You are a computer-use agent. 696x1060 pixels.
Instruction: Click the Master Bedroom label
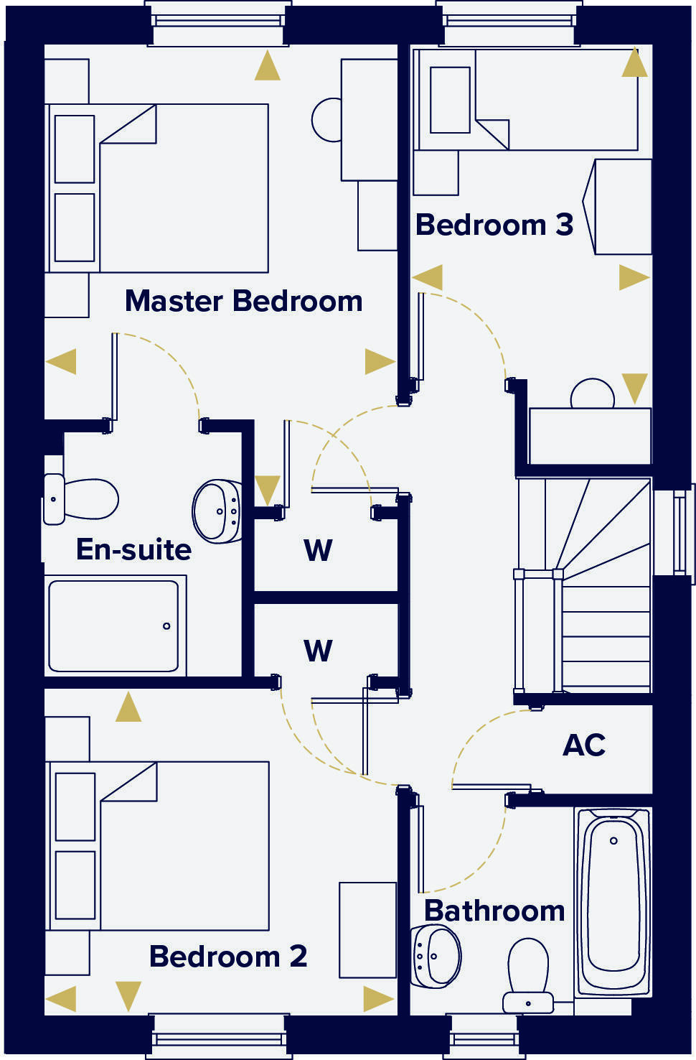(x=243, y=301)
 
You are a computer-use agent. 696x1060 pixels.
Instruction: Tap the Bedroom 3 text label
(x=494, y=225)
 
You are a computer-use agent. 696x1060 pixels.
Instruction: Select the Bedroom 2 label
(x=227, y=956)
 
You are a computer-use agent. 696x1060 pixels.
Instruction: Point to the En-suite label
(x=133, y=549)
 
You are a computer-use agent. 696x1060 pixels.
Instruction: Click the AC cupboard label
(x=583, y=745)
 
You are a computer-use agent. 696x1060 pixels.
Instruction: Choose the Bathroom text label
(x=494, y=911)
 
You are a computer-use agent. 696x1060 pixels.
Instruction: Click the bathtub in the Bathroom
(x=612, y=901)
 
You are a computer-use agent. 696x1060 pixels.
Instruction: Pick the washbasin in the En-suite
(x=217, y=511)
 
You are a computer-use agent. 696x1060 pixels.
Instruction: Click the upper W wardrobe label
(x=318, y=551)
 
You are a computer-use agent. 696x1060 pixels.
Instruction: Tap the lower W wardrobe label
(x=318, y=651)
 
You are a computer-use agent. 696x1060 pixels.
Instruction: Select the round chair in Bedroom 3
(x=592, y=394)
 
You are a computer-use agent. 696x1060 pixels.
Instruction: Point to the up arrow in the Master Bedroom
(x=268, y=66)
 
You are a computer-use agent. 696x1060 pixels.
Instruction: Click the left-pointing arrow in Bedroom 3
(x=428, y=277)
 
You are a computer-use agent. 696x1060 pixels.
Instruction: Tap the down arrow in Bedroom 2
(x=128, y=996)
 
